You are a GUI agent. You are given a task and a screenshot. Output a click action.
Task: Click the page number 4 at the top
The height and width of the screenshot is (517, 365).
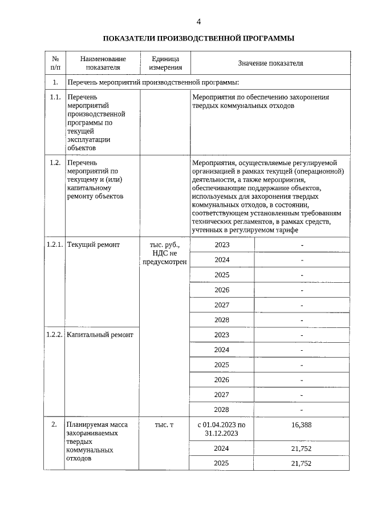(x=198, y=22)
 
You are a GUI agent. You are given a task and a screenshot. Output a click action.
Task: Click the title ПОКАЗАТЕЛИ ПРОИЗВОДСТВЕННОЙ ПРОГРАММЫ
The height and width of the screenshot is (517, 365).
(x=198, y=39)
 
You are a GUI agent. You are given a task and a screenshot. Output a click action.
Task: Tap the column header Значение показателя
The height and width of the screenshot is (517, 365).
(x=270, y=63)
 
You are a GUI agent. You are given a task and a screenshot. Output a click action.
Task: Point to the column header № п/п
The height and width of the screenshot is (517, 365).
(x=55, y=63)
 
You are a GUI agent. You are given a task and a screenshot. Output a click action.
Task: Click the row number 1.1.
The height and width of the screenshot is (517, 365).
(x=55, y=97)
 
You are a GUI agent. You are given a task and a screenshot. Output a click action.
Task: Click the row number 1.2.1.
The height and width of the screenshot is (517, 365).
(x=55, y=245)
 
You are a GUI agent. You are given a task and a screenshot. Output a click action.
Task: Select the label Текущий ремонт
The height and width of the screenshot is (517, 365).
(x=94, y=245)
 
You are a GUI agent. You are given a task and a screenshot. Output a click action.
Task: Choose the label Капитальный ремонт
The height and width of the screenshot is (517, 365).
(x=100, y=335)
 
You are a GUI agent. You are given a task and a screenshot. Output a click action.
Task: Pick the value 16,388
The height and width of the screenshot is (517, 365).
(x=301, y=425)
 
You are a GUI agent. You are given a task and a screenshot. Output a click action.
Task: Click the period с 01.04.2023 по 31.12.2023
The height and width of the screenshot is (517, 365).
(x=221, y=430)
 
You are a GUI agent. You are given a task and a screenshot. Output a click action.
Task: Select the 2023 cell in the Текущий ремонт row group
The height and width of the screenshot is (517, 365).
(x=221, y=245)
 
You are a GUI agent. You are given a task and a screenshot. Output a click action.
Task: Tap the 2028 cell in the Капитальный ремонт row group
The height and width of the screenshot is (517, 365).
(x=221, y=410)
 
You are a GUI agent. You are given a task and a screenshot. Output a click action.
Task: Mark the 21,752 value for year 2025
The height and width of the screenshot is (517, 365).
(x=301, y=463)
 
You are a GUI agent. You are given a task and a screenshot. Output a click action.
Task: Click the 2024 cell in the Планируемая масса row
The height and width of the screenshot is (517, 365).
(x=221, y=448)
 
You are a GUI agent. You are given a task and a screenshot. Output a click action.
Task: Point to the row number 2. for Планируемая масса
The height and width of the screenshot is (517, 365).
(x=54, y=425)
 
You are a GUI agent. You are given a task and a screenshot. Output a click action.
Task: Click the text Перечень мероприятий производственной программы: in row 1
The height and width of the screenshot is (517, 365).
(x=152, y=83)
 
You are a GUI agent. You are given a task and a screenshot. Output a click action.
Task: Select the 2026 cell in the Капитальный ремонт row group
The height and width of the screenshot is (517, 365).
(x=221, y=380)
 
